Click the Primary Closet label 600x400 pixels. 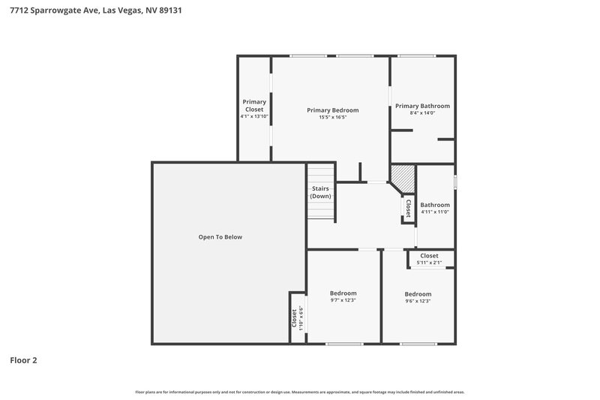tap(254, 106)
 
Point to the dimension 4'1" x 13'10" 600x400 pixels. tap(254, 116)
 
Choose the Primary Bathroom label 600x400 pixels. tap(422, 106)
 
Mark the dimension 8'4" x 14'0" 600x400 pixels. tap(422, 113)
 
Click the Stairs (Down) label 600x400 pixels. tap(320, 192)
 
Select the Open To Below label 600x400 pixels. tap(220, 237)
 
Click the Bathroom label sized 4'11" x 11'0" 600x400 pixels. tap(434, 205)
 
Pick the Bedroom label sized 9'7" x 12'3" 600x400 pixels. tap(343, 293)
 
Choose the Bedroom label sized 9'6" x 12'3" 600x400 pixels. tap(418, 294)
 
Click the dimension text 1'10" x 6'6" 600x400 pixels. tap(301, 317)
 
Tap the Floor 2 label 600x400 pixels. tap(23, 360)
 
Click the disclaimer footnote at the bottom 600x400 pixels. tap(299, 392)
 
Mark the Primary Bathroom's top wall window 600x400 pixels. tap(416, 56)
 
